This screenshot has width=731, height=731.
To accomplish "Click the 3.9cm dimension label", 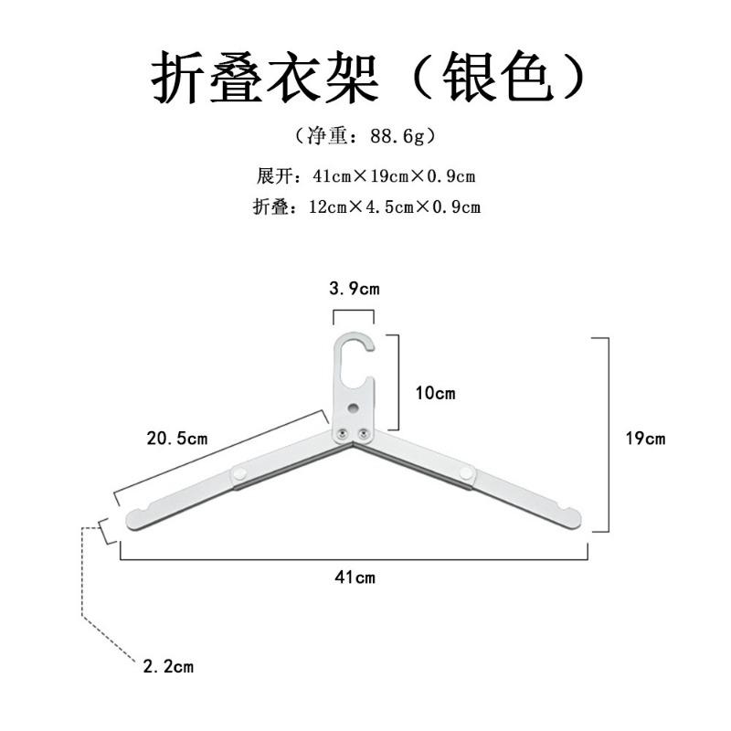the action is [355, 289].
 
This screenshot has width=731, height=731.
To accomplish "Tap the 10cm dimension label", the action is [436, 393].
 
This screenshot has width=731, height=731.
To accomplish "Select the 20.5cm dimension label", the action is [177, 439].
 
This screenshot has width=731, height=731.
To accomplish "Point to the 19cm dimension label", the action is [646, 439].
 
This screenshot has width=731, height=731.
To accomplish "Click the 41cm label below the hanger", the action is [355, 577].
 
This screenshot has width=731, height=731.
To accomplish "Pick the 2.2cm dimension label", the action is [168, 666].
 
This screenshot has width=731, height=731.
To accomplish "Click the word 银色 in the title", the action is [498, 78].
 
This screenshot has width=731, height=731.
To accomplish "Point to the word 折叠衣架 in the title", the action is [264, 78].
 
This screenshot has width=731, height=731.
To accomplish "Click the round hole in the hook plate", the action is [355, 408].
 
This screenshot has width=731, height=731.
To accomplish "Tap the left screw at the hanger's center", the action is [344, 434].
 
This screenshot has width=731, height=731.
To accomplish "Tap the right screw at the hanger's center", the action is [363, 434].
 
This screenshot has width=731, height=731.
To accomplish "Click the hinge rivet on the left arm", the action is [240, 473].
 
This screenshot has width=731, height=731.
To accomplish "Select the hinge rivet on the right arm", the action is [466, 473].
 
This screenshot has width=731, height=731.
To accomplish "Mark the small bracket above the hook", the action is [354, 311].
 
